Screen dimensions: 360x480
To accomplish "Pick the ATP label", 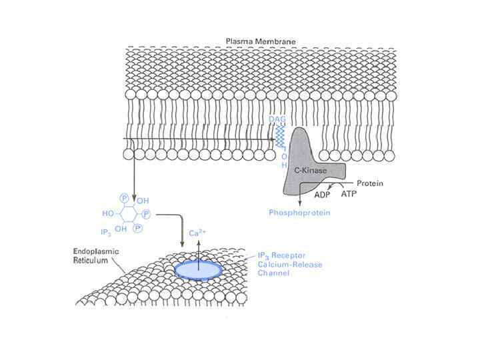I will coord(349,195).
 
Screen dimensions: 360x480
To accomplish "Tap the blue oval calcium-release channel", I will coord(199,268).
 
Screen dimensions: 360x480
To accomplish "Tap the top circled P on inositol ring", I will coord(123,198).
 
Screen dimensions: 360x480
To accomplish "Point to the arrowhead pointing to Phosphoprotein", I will coord(299,203).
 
